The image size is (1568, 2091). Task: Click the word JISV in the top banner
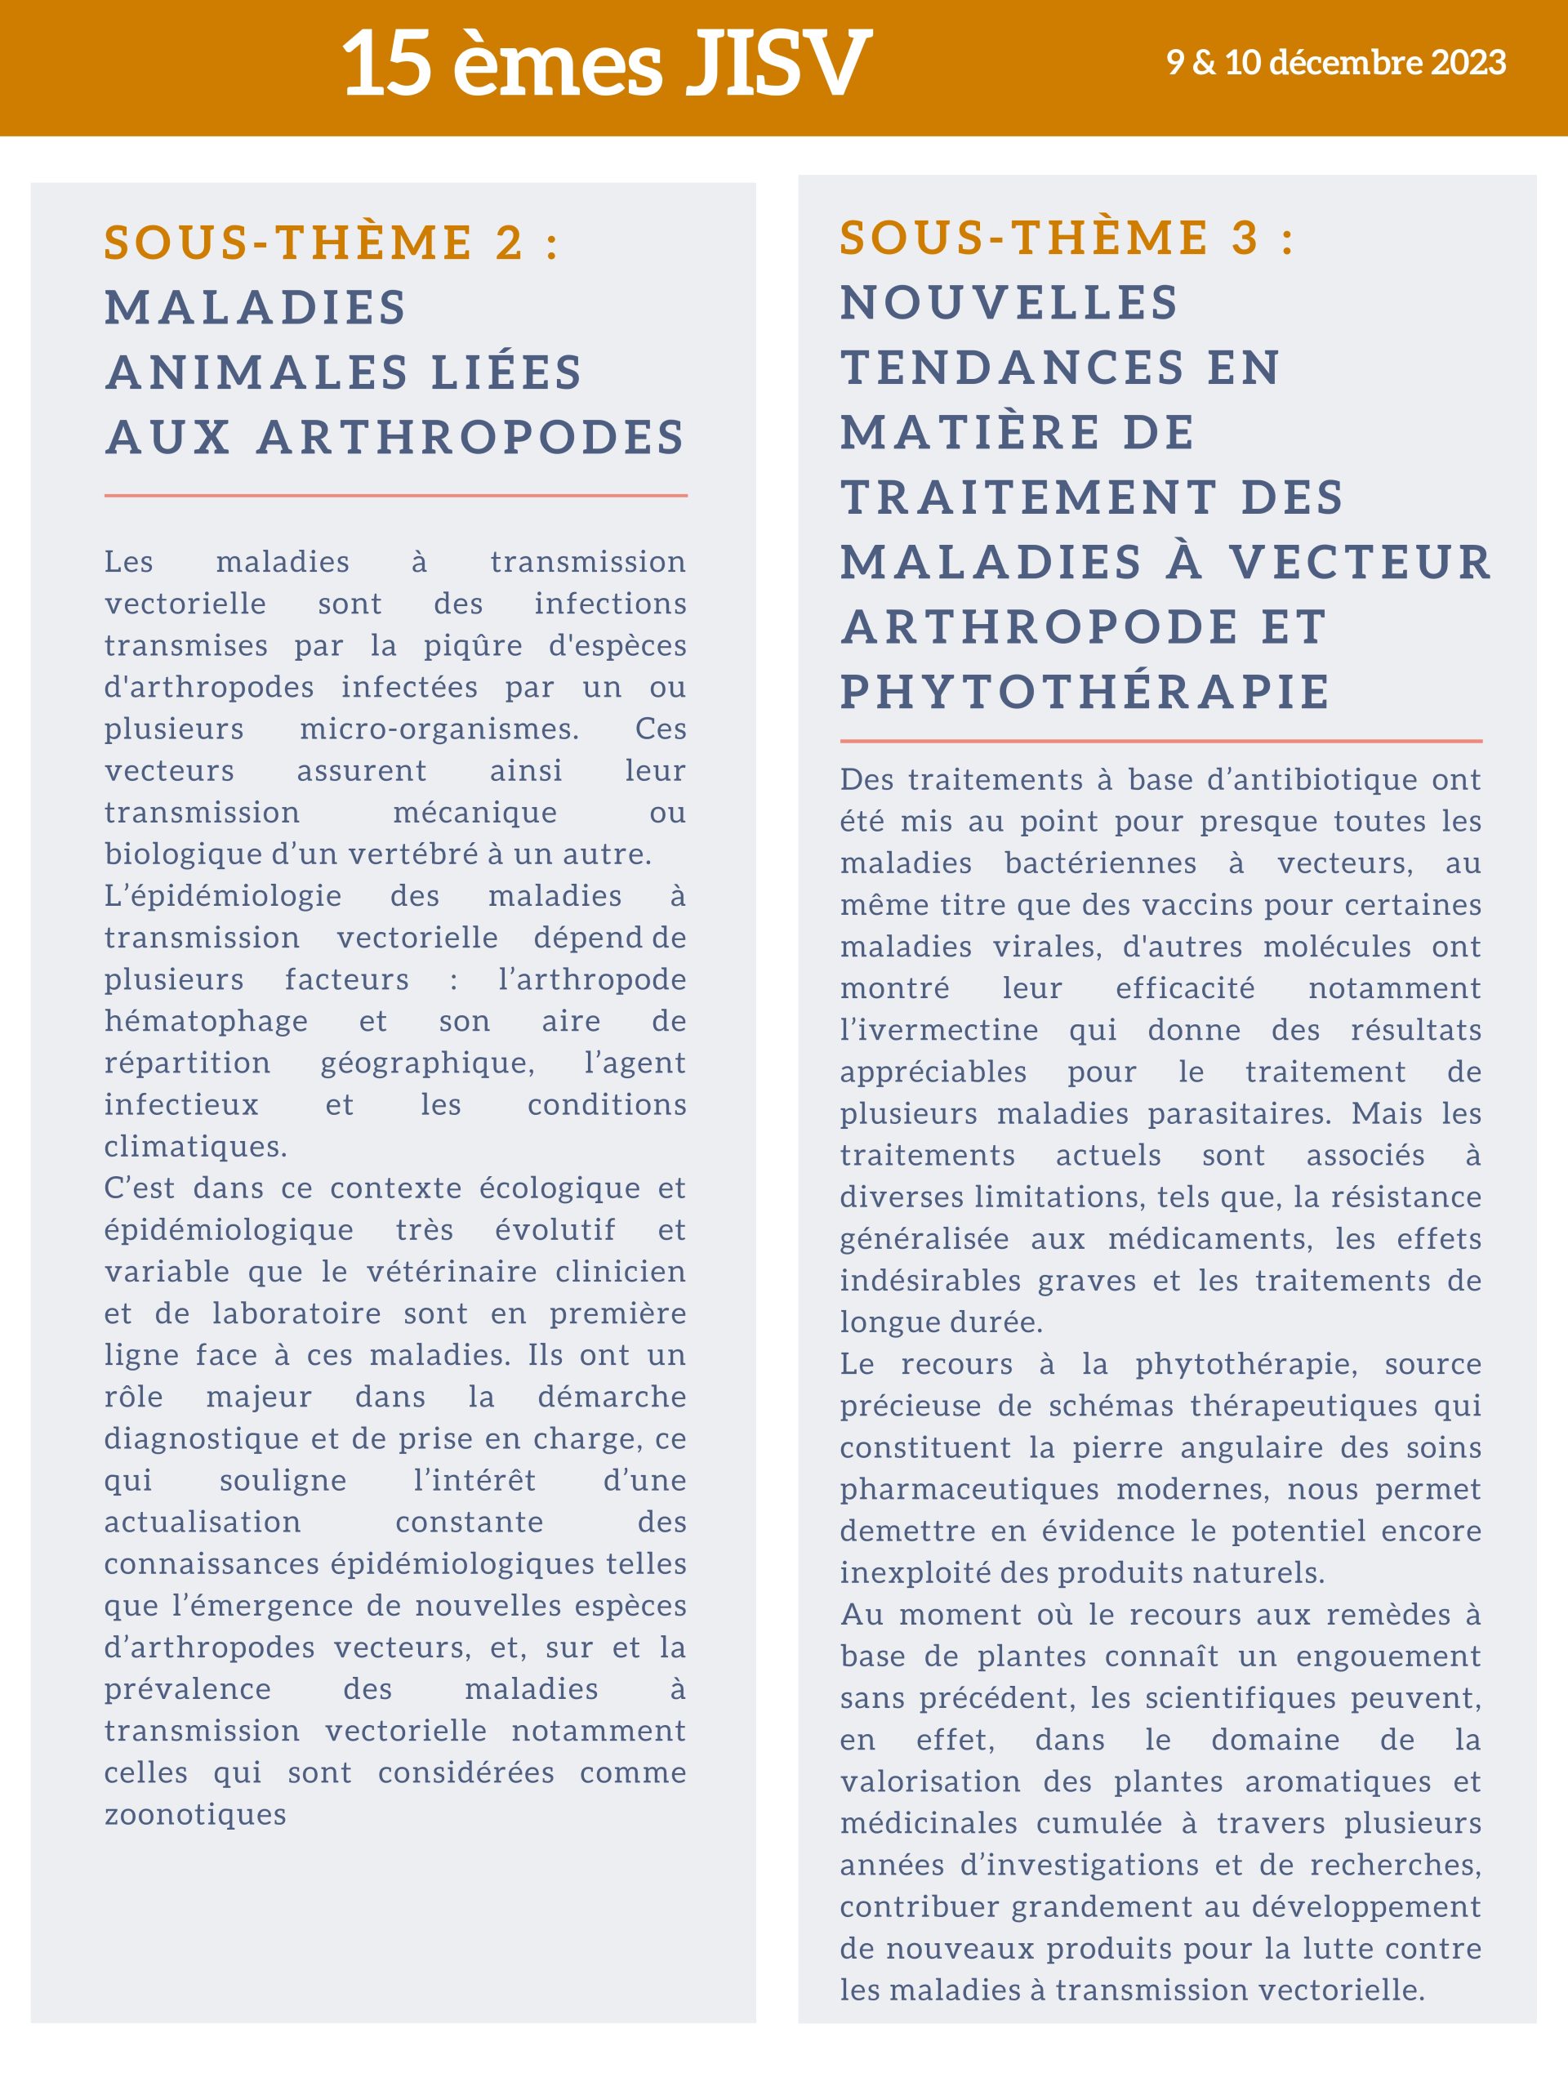(x=777, y=65)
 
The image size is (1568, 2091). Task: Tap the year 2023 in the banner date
(x=1468, y=62)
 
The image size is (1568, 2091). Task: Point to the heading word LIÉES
(x=506, y=372)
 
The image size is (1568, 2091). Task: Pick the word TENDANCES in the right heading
(x=1011, y=367)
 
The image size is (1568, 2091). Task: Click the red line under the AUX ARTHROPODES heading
(x=395, y=494)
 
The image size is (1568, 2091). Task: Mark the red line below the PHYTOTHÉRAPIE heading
(x=1160, y=741)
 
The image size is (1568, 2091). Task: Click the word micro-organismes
(x=439, y=729)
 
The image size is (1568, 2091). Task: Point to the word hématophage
(x=206, y=1021)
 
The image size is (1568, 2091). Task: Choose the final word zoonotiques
(x=194, y=1814)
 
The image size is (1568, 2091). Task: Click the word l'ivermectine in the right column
(x=938, y=1029)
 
